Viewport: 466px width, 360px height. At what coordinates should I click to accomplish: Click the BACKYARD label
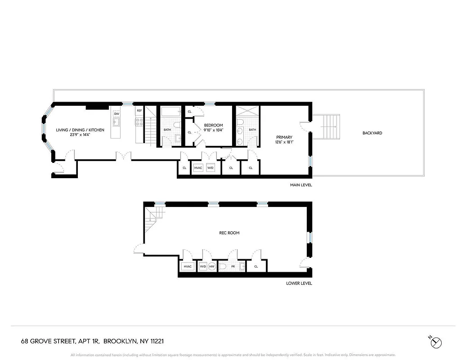tap(372, 133)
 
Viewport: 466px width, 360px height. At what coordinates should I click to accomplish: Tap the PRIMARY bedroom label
tap(284, 137)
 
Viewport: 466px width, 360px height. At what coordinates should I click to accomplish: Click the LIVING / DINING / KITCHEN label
tap(80, 130)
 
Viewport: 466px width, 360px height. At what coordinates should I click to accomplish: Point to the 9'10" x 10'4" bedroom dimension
tap(214, 130)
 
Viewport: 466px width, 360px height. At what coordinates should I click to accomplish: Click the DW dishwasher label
tap(116, 114)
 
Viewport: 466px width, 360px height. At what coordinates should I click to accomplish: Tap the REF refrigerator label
tap(139, 111)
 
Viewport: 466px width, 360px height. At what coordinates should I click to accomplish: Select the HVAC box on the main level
tap(198, 168)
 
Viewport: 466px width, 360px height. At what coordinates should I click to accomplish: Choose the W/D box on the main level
tap(211, 168)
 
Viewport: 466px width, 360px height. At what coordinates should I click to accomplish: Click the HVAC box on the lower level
tap(188, 267)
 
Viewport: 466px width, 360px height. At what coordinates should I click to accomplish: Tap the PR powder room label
tap(233, 267)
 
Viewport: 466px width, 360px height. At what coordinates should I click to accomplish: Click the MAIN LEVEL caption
tap(301, 185)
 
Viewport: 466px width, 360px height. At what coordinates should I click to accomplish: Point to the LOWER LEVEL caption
tap(299, 283)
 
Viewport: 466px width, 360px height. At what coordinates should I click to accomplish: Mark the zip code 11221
tap(156, 342)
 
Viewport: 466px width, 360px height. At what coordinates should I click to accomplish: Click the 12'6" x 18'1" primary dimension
tap(284, 143)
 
